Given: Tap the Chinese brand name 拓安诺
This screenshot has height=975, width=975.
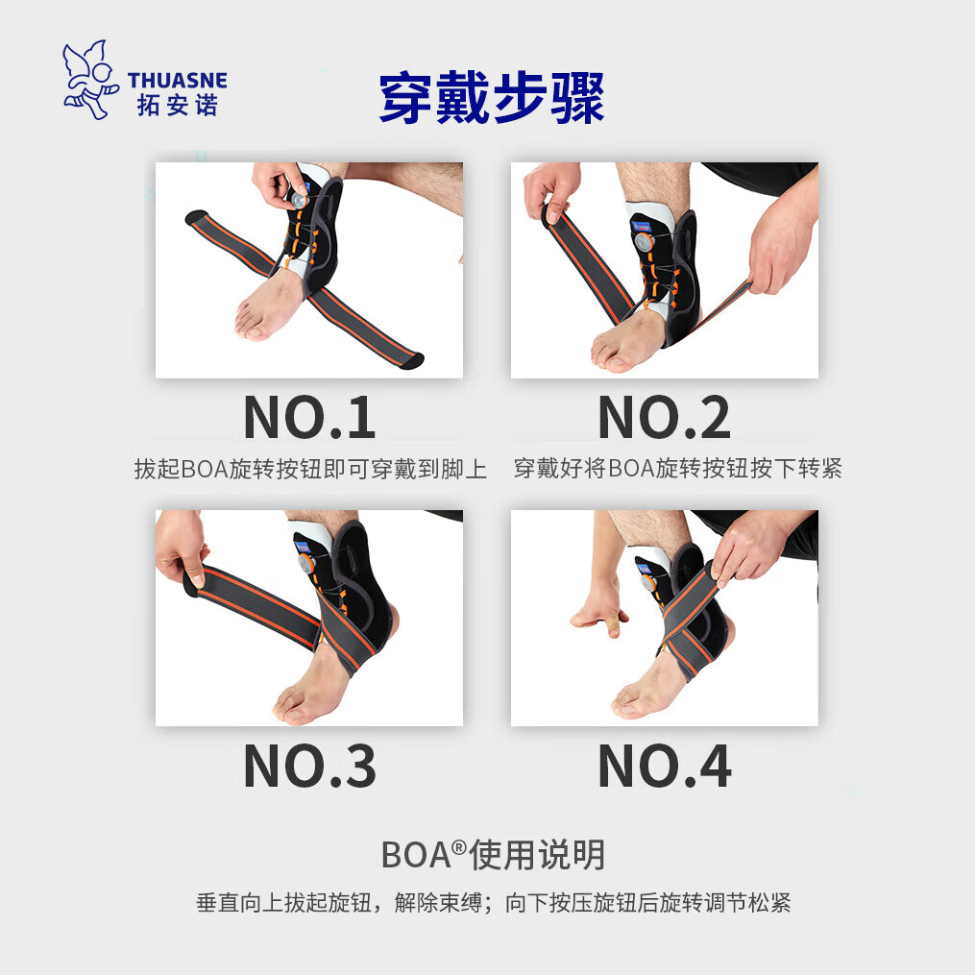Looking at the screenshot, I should click(x=177, y=104).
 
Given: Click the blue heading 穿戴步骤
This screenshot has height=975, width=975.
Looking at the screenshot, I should click(x=491, y=99).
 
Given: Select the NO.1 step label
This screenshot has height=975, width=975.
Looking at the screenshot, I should click(x=308, y=418).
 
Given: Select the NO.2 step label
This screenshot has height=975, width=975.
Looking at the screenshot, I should click(x=664, y=418).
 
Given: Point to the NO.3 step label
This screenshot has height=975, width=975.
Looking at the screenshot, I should click(x=308, y=766).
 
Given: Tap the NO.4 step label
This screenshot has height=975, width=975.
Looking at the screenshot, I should click(x=664, y=766).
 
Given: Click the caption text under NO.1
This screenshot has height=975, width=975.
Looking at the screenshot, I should click(x=310, y=470).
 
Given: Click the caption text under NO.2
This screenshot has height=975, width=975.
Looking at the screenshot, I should click(x=677, y=470).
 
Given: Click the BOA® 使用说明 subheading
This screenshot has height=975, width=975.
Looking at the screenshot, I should click(x=493, y=854).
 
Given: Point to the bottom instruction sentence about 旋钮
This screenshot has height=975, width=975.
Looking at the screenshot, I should click(x=493, y=904).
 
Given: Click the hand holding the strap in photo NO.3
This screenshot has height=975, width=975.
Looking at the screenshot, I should click(x=182, y=547).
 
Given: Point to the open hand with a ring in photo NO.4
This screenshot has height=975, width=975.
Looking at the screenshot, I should click(x=600, y=609).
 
